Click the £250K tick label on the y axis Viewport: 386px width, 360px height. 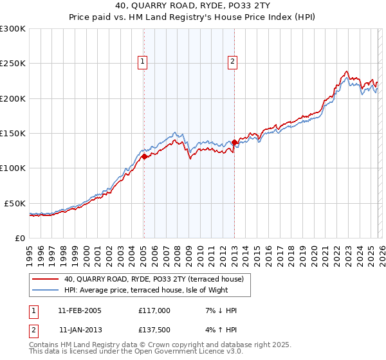click(13, 64)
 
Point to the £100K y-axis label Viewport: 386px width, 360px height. click(13, 168)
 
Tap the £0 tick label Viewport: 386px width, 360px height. click(20, 238)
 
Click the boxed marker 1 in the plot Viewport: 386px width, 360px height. click(142, 62)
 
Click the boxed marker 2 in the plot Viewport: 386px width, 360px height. click(232, 62)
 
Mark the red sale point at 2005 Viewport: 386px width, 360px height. click(144, 156)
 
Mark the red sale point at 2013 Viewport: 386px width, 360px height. click(234, 142)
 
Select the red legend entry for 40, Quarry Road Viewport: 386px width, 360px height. click(153, 280)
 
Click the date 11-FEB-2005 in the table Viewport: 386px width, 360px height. click(80, 310)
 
